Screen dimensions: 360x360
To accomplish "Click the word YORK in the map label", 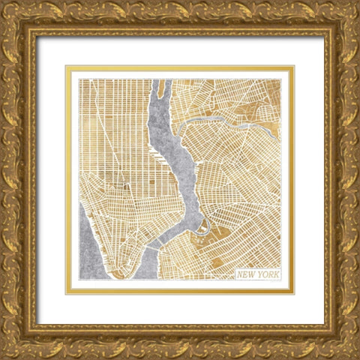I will pos(267,274).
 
